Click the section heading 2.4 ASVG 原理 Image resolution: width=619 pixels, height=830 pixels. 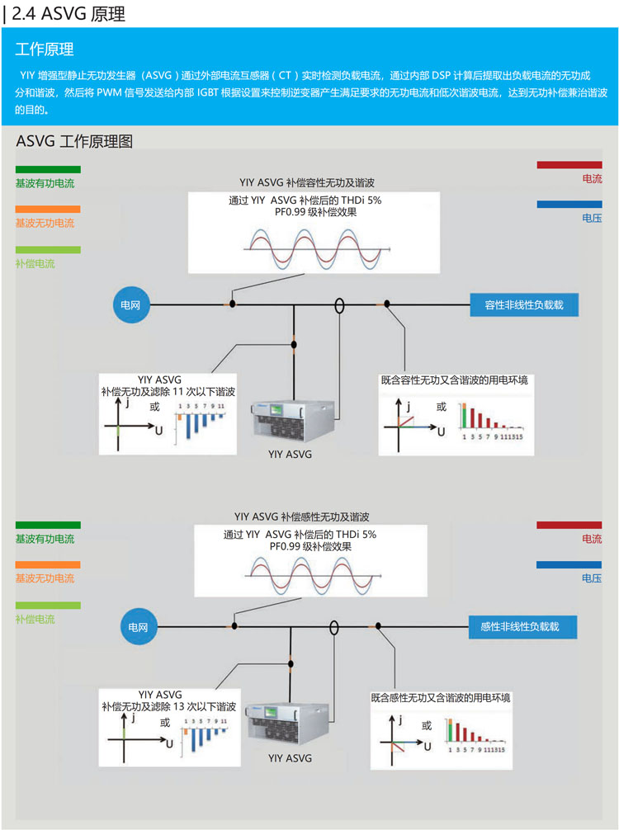click(x=70, y=13)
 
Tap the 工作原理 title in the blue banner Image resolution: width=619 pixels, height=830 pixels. click(x=45, y=50)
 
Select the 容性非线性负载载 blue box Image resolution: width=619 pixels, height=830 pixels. click(x=523, y=304)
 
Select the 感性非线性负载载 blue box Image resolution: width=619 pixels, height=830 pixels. click(x=522, y=627)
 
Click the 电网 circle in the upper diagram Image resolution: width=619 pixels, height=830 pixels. click(x=130, y=305)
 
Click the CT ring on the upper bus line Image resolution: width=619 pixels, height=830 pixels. click(x=338, y=305)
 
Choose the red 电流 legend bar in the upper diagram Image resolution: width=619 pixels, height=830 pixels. click(x=569, y=165)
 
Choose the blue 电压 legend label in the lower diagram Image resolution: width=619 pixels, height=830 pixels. click(x=592, y=578)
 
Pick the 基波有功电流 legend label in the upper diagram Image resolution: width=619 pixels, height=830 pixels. click(x=45, y=183)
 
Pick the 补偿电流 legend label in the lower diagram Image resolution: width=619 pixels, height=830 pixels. click(x=35, y=619)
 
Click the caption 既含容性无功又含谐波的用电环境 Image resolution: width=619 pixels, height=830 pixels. click(x=454, y=380)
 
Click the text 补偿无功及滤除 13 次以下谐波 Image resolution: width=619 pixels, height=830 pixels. click(x=169, y=707)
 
